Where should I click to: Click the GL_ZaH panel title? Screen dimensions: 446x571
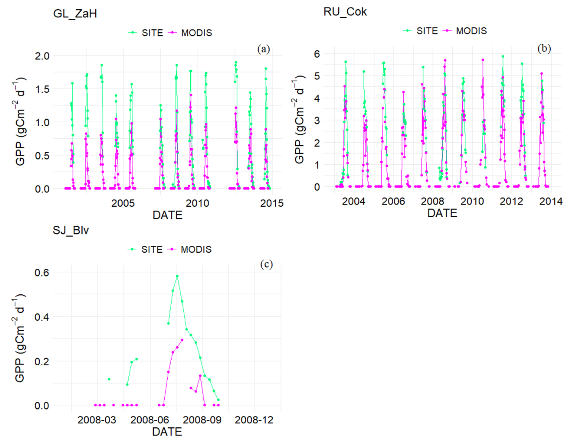pos(75,14)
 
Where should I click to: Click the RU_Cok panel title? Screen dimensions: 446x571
pos(345,12)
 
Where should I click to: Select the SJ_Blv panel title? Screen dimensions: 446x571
pos(71,230)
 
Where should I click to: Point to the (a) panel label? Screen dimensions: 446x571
pos(263,49)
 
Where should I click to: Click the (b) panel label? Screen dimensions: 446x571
pos(544,49)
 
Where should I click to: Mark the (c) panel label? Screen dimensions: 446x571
pos(266,264)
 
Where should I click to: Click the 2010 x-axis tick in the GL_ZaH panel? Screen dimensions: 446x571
pos(197,203)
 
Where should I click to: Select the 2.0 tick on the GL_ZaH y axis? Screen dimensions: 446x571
pos(42,56)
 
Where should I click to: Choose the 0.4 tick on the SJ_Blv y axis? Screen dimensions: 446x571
pos(42,317)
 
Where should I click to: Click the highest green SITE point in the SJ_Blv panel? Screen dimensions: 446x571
pos(177,276)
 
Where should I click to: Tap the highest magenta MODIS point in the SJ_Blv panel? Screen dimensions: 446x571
pos(182,340)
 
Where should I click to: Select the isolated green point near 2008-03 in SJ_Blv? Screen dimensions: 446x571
pos(109,379)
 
